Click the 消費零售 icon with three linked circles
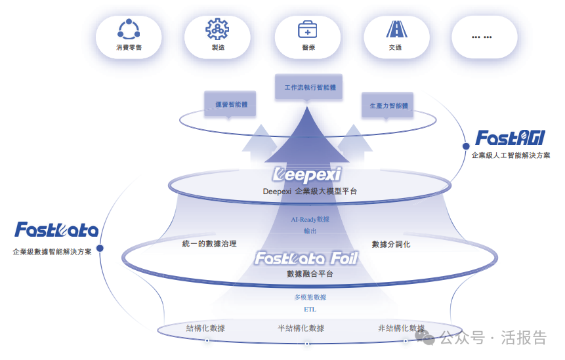coord(129,29)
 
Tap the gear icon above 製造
coord(217,29)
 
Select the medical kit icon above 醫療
coord(307,29)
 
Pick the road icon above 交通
coord(395,29)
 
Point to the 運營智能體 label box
coord(230,104)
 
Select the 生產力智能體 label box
coord(388,106)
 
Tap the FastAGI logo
coord(510,138)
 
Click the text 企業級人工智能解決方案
coord(511,156)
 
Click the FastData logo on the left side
coord(56,230)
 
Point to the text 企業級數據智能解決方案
coord(52,252)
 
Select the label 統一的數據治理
coord(209,244)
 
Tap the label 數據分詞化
coord(391,245)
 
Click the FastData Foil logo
coord(306,258)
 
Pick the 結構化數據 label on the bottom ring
coord(205,328)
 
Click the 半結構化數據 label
coord(301,328)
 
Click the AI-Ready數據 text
coord(310,220)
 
